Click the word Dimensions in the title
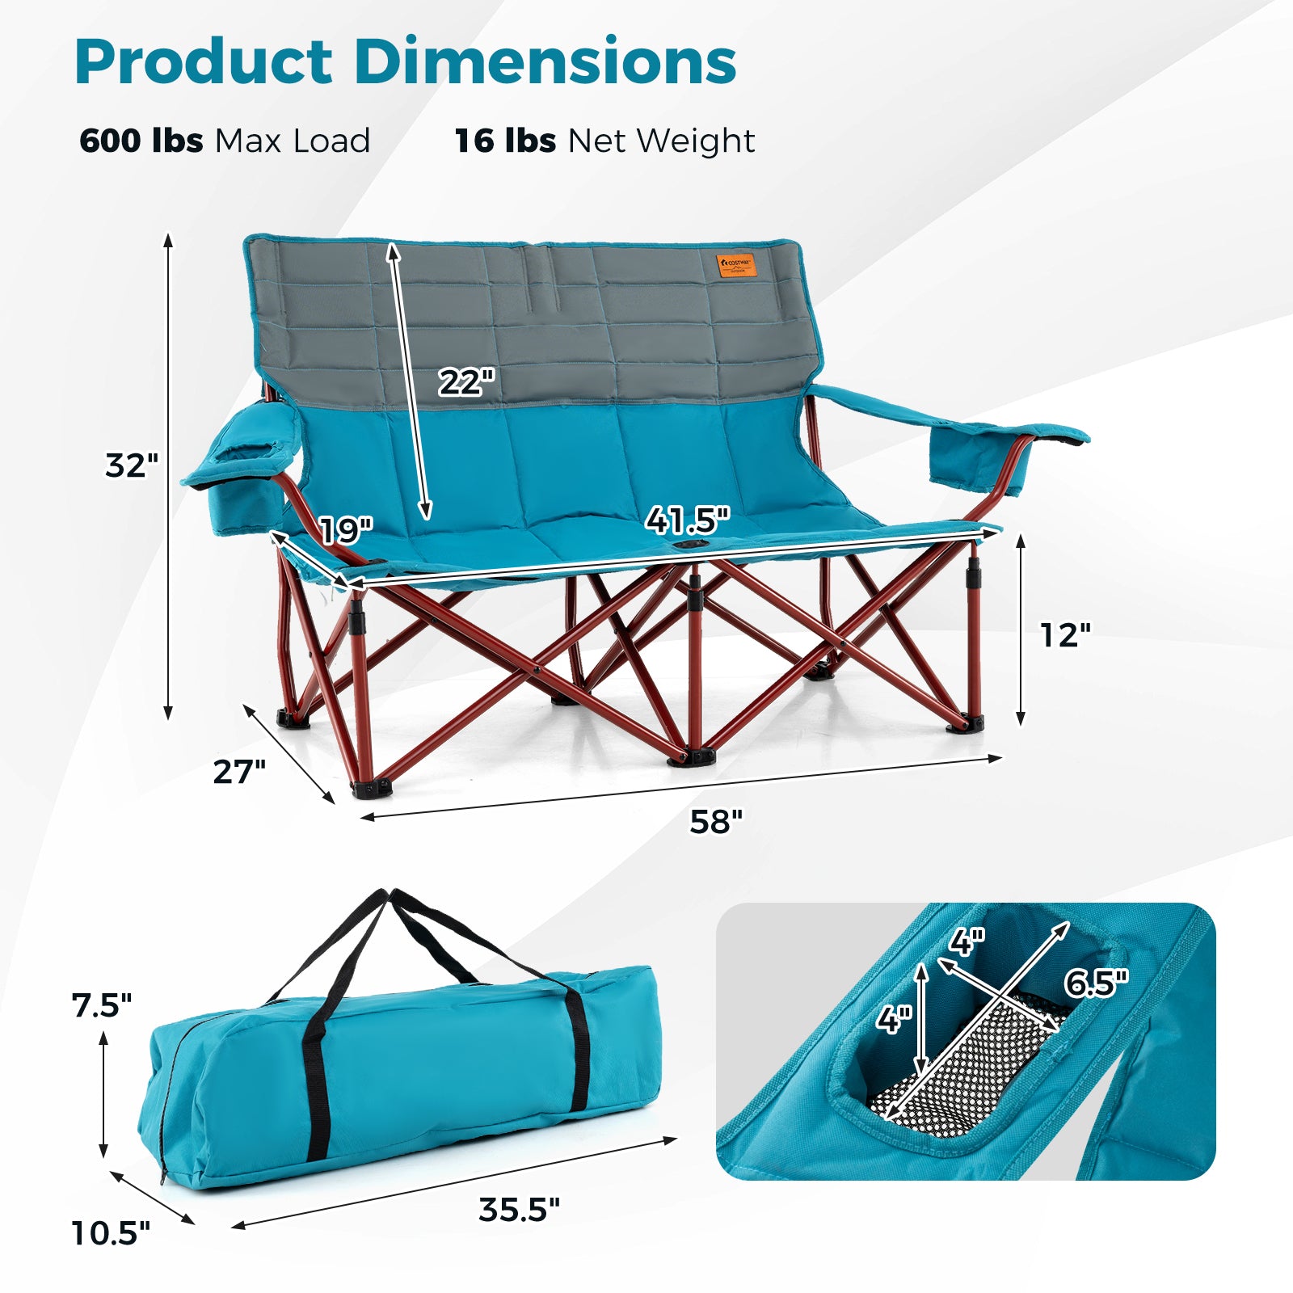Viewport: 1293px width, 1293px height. (x=545, y=62)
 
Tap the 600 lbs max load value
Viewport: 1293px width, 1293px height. (x=141, y=141)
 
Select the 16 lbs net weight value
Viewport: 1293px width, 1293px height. (x=505, y=141)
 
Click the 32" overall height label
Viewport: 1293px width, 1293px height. (x=132, y=465)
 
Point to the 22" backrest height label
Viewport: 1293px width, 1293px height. (x=466, y=381)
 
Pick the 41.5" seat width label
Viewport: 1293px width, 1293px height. (x=688, y=520)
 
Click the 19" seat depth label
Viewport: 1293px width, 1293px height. (x=346, y=530)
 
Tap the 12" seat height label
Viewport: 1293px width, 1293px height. (x=1065, y=635)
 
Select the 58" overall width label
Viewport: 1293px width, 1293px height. (x=716, y=821)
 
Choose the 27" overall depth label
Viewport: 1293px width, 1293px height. (x=239, y=772)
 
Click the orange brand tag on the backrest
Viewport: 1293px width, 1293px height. (x=736, y=265)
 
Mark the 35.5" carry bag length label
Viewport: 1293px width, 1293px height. (x=519, y=1210)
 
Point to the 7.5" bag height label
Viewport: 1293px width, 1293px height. (x=101, y=1005)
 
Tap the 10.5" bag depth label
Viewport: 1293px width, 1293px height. (x=111, y=1233)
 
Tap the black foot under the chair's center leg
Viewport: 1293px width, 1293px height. (x=691, y=758)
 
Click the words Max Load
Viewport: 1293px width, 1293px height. (x=293, y=141)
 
